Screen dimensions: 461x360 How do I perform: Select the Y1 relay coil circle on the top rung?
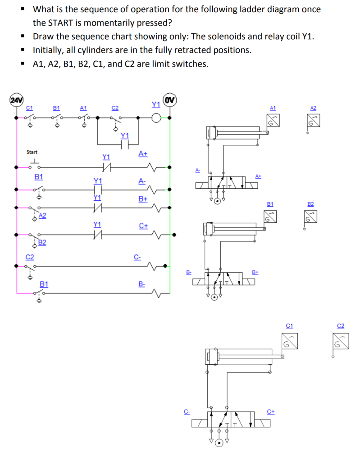click(156, 118)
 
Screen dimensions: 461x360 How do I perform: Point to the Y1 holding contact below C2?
click(125, 144)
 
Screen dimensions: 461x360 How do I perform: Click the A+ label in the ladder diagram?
click(143, 154)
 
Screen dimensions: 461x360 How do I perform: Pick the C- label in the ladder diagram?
click(137, 257)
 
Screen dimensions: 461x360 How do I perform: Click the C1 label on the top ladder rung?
click(30, 108)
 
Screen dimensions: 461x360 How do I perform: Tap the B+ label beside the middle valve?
click(255, 272)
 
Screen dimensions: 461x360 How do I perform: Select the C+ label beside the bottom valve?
click(270, 411)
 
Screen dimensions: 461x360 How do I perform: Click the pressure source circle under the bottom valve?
click(219, 443)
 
